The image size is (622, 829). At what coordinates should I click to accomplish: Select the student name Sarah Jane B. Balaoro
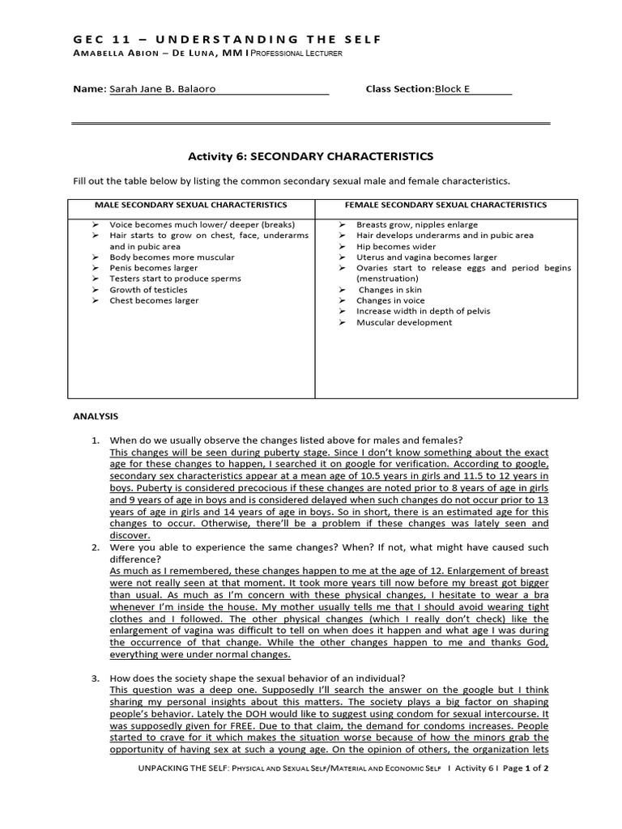click(x=162, y=89)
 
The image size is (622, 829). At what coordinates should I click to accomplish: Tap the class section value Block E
click(x=453, y=89)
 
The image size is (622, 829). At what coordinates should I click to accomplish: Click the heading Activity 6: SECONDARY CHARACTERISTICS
click(x=311, y=156)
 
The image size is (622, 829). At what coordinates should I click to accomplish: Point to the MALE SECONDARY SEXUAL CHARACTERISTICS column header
click(x=191, y=205)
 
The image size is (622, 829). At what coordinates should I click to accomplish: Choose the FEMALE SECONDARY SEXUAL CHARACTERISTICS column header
click(x=445, y=205)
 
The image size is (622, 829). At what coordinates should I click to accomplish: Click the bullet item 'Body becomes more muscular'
click(x=172, y=257)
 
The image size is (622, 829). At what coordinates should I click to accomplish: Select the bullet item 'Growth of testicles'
click(x=148, y=290)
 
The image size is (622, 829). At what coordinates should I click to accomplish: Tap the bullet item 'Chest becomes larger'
click(x=154, y=300)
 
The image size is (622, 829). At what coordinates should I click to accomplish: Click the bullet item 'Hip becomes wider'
click(x=396, y=246)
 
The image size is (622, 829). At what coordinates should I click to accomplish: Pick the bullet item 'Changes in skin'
click(x=390, y=290)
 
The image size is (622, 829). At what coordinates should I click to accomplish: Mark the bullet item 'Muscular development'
click(x=404, y=322)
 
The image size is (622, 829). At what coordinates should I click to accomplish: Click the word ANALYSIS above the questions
click(x=96, y=417)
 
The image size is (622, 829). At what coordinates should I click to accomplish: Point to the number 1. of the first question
click(x=95, y=440)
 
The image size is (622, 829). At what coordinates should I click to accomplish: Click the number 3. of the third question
click(x=95, y=678)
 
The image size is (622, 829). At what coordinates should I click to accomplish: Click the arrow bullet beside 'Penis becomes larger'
click(x=95, y=268)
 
